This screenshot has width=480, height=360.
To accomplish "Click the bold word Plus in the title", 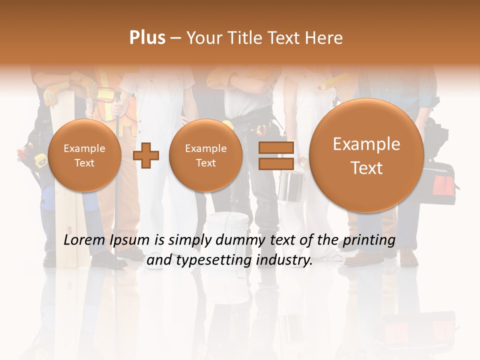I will tap(147, 37).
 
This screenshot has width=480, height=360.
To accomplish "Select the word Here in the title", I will tap(324, 38).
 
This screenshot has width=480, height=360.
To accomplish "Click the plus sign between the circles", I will tap(146, 155).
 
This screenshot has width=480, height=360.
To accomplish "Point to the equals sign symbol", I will tap(275, 155).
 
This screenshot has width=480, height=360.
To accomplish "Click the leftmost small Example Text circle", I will tap(84, 155).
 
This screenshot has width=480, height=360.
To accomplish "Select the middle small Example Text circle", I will tap(206, 155).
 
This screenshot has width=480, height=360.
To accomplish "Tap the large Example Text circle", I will tap(366, 155).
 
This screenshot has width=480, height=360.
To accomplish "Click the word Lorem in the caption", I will tap(85, 240).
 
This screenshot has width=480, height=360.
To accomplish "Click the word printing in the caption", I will tap(369, 240).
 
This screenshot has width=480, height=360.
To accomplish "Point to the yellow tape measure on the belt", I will tap(39, 160).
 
